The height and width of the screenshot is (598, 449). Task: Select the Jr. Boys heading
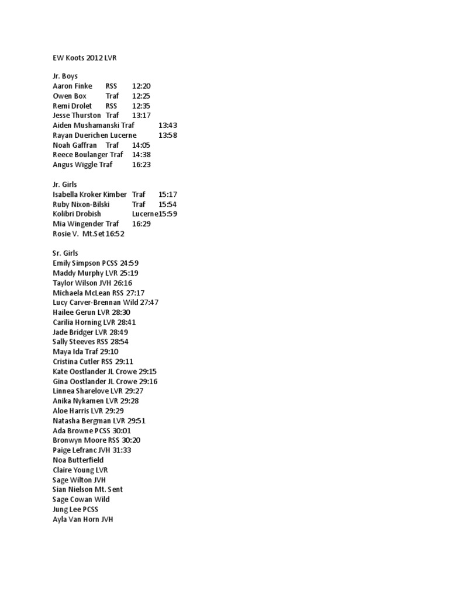tap(65, 77)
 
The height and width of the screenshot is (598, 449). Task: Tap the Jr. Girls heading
tap(65, 185)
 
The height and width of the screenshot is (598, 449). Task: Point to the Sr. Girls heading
tap(65, 253)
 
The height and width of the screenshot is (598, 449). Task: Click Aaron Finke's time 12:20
tap(141, 86)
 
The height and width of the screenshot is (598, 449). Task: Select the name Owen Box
tap(70, 96)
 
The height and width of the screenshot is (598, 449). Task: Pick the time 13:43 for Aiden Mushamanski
tap(168, 126)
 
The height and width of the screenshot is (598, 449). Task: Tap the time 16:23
tap(141, 165)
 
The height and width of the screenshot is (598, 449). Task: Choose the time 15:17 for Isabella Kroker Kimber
tap(168, 194)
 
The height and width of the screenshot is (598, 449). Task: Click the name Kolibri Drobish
tap(77, 214)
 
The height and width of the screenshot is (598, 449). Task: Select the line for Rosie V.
tap(88, 234)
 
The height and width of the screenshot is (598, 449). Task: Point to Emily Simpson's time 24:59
tap(129, 263)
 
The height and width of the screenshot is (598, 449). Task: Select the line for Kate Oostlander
tap(105, 371)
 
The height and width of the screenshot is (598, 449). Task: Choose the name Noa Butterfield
tap(78, 460)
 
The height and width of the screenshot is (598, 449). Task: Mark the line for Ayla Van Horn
tap(83, 519)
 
